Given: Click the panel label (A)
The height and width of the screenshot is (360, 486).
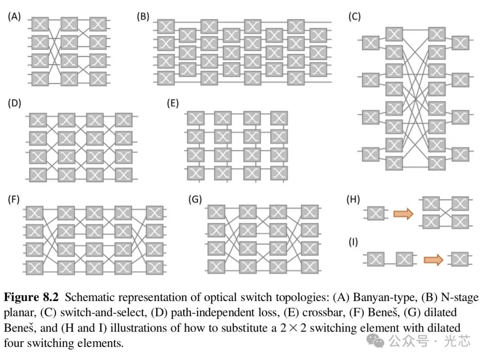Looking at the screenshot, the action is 14,17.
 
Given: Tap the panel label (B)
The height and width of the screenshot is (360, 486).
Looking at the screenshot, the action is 143,17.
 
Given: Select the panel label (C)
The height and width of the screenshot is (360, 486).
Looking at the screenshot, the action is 355,17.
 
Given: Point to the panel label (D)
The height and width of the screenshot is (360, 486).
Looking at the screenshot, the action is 14,103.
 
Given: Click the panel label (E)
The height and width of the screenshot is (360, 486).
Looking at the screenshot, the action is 173,103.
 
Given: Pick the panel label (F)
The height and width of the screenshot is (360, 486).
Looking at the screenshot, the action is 13,199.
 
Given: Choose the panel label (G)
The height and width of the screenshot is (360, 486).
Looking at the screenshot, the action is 195,199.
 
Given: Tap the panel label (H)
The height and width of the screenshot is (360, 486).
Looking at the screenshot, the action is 353,199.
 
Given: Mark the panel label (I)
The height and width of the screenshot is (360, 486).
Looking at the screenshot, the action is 353,242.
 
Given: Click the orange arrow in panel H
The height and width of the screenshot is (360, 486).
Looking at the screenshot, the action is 403,214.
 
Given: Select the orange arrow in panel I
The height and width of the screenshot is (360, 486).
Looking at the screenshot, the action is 433,260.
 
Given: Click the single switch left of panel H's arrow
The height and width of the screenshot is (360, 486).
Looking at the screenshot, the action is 376,213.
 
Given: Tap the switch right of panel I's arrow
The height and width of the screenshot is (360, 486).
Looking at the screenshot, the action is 460,259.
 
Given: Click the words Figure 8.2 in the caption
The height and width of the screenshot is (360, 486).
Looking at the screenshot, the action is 31,297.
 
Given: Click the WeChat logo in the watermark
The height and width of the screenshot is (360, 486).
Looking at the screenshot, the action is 375,341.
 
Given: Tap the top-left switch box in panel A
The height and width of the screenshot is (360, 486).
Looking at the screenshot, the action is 40,24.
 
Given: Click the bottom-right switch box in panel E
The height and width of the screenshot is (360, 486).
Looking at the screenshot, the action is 279,173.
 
